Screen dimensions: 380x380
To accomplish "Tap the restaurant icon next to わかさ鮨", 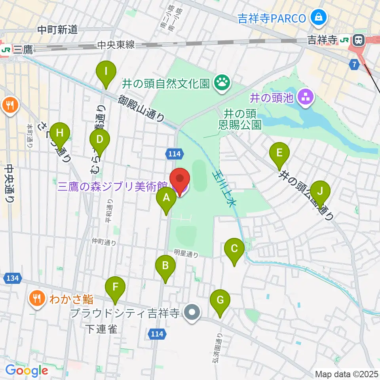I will point(37,297).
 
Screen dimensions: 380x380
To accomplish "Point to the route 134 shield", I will point(13,278).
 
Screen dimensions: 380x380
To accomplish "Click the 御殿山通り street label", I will point(141,108).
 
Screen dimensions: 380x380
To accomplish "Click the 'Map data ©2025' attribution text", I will point(347,374).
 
